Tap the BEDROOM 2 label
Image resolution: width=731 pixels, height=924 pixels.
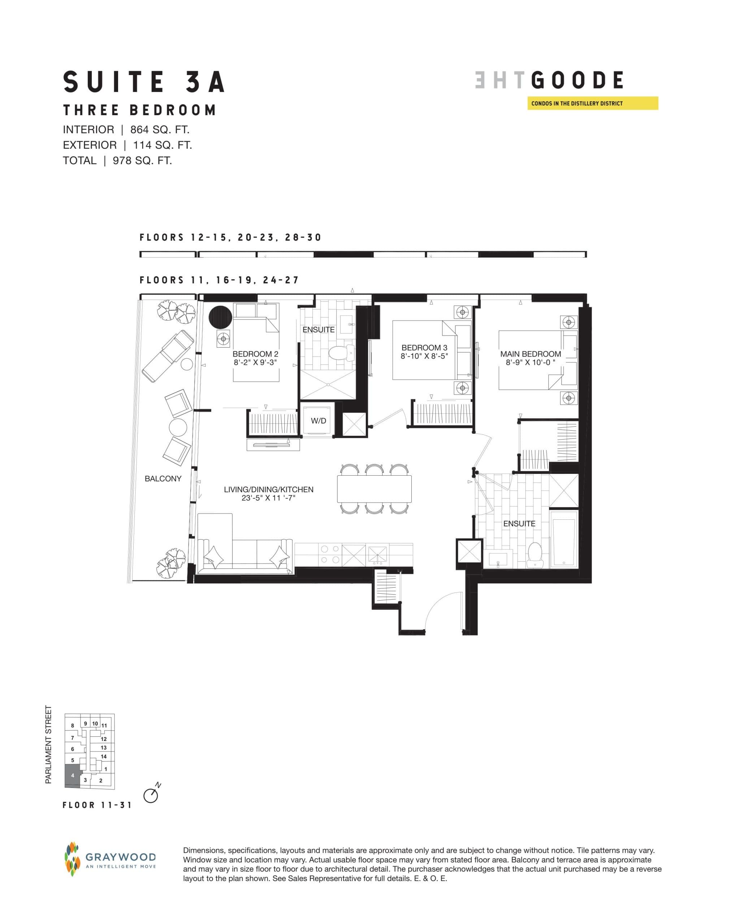pos(255,354)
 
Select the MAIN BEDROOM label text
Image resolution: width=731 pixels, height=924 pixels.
pos(530,354)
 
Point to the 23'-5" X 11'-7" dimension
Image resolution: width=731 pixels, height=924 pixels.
pos(268,498)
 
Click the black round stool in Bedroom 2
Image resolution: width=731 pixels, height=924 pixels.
pos(220,317)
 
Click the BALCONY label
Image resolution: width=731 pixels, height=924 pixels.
pos(163,479)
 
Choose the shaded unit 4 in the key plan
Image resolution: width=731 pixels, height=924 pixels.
pos(72,775)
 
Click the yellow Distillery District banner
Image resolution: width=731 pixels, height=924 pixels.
pos(592,104)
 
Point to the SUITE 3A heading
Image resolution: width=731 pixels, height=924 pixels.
pos(144,82)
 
